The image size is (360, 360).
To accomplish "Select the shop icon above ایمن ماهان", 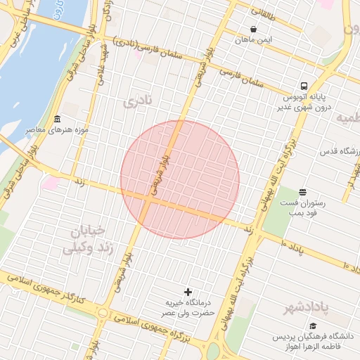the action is [x=253, y=30].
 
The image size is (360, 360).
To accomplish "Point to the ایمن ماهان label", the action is [x=253, y=41].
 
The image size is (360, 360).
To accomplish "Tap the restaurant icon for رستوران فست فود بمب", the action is [x=302, y=192].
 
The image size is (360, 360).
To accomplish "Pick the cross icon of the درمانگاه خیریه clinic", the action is [x=188, y=291].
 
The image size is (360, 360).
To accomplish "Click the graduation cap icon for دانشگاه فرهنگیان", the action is [x=313, y=326].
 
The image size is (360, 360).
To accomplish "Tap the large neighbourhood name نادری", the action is [x=138, y=103].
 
